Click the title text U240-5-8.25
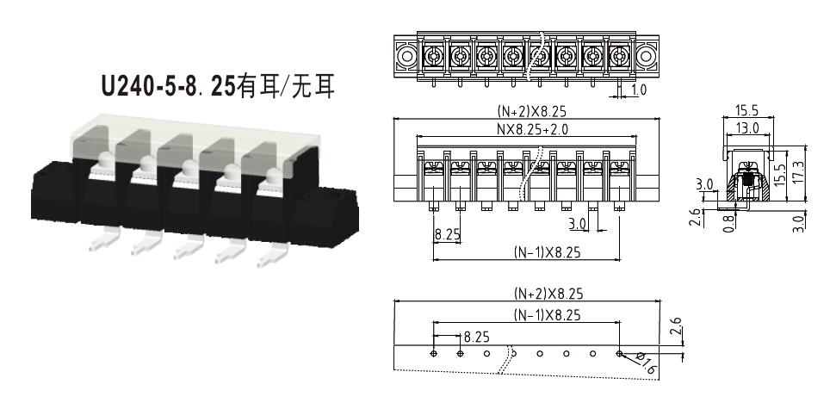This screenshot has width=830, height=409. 169,86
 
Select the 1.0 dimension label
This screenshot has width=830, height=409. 639,90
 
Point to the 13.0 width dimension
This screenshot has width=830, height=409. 748,127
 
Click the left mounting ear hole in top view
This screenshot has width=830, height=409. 406,56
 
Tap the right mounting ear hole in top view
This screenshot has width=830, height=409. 647,56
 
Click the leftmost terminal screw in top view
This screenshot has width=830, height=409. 434,55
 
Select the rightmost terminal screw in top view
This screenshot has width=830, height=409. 619,55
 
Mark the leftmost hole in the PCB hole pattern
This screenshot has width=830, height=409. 434,353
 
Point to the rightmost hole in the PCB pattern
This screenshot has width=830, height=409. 619,353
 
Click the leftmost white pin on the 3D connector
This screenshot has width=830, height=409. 104,240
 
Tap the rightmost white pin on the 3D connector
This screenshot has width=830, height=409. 273,256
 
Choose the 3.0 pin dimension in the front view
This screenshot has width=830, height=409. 578,225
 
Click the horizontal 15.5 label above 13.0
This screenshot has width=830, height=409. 747,110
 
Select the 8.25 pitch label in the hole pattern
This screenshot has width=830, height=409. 476,337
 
